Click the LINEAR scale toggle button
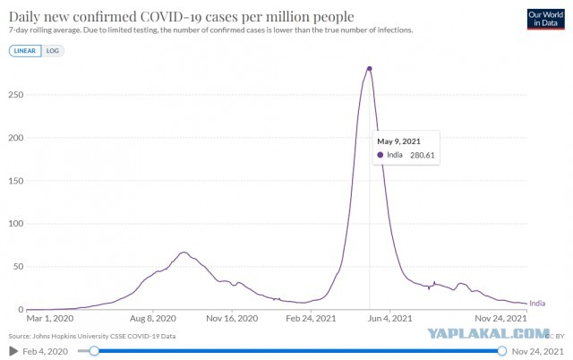tap(25, 51)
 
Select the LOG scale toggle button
tap(53, 51)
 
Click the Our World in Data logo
tap(545, 19)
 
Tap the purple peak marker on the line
tap(370, 69)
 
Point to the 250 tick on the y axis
tap(16, 95)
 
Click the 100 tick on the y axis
tap(16, 223)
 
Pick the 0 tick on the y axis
tap(21, 310)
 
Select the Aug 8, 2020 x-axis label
tap(153, 319)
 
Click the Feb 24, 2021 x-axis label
tap(311, 319)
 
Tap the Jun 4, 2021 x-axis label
tap(390, 319)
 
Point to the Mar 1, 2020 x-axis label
tap(50, 319)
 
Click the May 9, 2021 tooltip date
tap(398, 141)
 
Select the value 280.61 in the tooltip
tap(423, 155)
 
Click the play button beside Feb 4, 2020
tap(13, 351)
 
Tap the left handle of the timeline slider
tap(94, 351)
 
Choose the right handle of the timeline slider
tap(502, 351)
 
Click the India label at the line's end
tap(537, 304)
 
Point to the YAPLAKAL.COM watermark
tap(488, 333)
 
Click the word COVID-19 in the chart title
tap(172, 17)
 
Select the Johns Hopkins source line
tap(92, 336)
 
